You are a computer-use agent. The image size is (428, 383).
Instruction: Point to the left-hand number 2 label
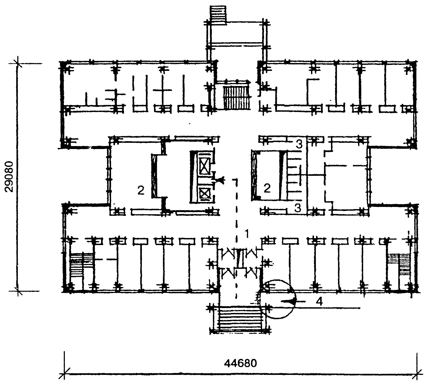coord(141,191)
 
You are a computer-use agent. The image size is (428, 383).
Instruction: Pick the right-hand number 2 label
coord(267,188)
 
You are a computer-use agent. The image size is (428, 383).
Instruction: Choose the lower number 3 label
coord(298,208)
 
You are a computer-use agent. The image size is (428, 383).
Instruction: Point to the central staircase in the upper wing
coord(235,97)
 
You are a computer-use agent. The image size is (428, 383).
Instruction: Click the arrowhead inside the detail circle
coord(287,301)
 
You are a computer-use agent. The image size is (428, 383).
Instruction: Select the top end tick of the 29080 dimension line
coord(18,64)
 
